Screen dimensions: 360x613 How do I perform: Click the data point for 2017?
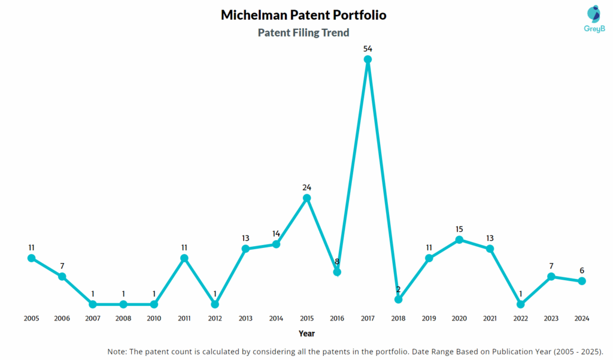[368, 59]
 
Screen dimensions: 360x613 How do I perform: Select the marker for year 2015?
[306, 198]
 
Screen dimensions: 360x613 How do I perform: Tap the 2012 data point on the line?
[215, 304]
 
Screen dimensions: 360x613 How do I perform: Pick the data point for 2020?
[459, 240]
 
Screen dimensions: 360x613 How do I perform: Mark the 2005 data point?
[31, 258]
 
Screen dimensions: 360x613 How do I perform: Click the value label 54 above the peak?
[368, 47]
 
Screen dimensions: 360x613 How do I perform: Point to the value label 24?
[306, 186]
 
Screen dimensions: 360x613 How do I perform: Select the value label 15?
[459, 229]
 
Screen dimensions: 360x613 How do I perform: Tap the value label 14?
[276, 233]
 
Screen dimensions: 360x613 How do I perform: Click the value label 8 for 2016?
[337, 261]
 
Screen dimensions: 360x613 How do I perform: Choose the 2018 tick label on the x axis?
[398, 319]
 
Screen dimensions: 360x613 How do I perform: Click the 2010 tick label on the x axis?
[154, 319]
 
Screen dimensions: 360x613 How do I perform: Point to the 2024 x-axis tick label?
[581, 319]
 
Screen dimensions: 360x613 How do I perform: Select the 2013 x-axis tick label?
[245, 319]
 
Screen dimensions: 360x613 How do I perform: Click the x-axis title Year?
[306, 334]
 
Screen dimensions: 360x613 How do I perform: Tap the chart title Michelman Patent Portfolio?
[304, 15]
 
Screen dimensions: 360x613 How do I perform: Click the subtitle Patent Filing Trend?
[304, 33]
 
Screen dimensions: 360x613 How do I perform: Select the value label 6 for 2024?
[581, 270]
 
